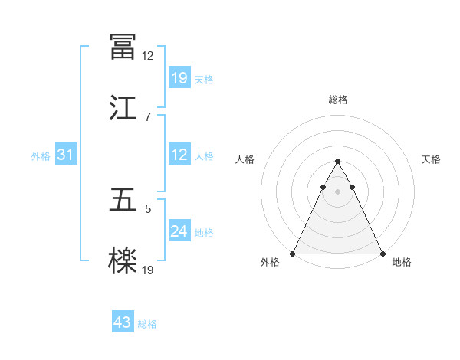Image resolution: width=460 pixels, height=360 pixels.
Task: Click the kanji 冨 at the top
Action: tap(123, 47)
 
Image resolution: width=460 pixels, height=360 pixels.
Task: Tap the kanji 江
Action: tap(123, 106)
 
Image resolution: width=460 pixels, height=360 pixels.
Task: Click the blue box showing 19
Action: tap(179, 78)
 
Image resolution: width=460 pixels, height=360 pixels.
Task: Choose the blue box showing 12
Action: tap(179, 155)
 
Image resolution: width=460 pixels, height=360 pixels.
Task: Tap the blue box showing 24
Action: tap(179, 231)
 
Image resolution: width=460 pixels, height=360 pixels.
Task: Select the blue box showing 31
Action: tap(66, 155)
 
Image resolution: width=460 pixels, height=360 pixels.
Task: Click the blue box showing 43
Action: tap(123, 323)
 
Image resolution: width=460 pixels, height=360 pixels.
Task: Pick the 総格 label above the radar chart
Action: tap(337, 100)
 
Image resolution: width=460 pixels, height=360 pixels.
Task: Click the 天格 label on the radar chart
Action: tap(432, 159)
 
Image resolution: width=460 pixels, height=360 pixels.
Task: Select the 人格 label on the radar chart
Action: tap(245, 159)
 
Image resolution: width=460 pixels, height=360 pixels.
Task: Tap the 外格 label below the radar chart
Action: tap(270, 262)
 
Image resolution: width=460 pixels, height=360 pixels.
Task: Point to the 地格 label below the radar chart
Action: tap(402, 262)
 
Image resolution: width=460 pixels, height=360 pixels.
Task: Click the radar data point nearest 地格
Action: tap(382, 254)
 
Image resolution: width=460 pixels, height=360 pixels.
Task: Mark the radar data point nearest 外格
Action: tap(293, 254)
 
